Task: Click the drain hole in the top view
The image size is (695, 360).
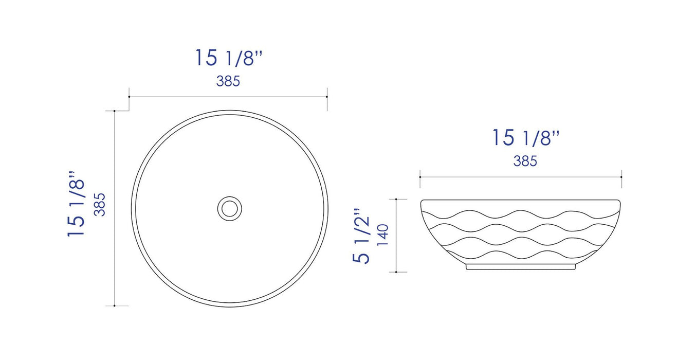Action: click(x=229, y=208)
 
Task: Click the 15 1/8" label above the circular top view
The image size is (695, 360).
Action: click(x=229, y=58)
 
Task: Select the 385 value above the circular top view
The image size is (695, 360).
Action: click(x=228, y=81)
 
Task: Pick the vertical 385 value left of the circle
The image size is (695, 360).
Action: click(x=100, y=204)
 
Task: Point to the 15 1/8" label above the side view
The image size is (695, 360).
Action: click(x=525, y=138)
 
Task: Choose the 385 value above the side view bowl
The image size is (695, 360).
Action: click(x=525, y=161)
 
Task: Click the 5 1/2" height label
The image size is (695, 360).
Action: click(x=362, y=236)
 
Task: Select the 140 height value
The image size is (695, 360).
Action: click(x=383, y=235)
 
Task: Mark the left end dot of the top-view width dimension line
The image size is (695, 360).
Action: click(x=129, y=97)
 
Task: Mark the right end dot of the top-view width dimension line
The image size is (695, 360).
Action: click(x=327, y=97)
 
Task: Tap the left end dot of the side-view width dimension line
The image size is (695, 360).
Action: click(x=420, y=177)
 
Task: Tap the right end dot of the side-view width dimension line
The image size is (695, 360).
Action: click(x=621, y=177)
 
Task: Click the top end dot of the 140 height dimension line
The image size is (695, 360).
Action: click(x=396, y=199)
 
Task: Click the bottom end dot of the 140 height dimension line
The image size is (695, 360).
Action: click(x=396, y=272)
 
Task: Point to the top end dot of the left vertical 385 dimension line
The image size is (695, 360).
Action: click(x=114, y=111)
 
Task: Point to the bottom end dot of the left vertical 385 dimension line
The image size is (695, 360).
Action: click(x=114, y=306)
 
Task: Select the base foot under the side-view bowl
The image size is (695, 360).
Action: click(x=521, y=267)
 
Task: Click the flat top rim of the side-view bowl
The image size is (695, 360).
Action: click(x=521, y=200)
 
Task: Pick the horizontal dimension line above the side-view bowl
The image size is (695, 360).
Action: click(x=521, y=177)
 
